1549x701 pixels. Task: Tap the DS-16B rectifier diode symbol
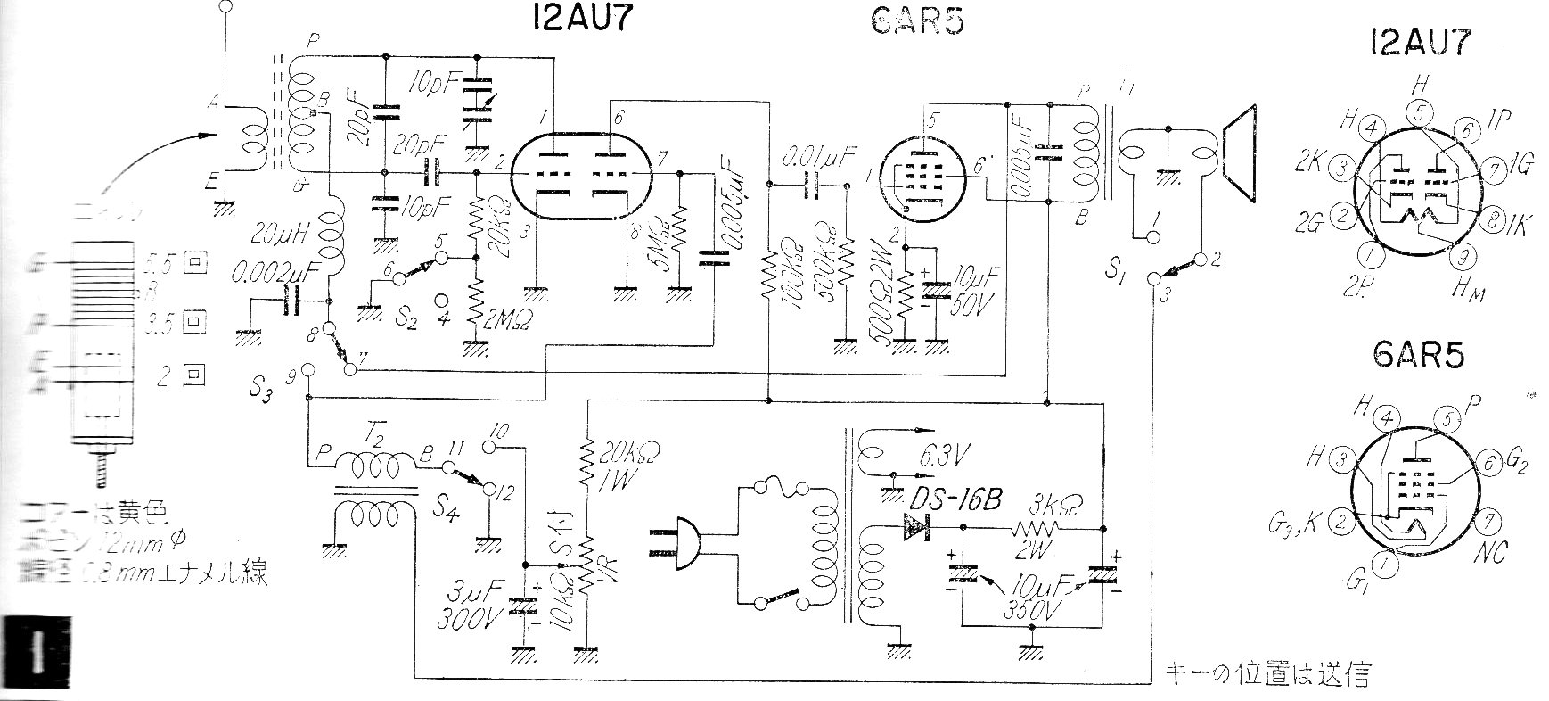point(914,528)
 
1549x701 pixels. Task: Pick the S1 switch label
point(1114,269)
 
